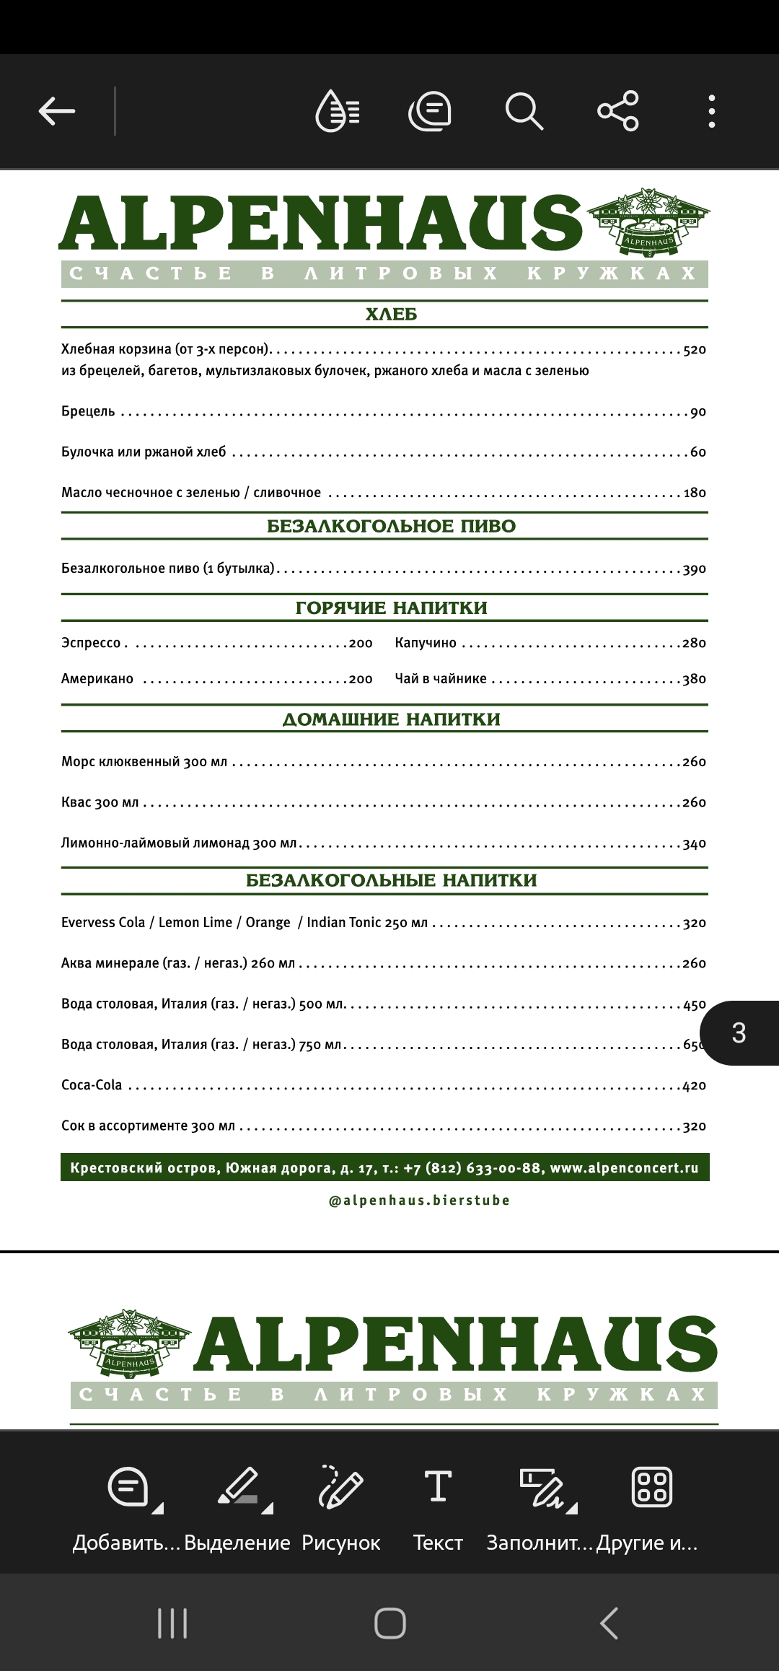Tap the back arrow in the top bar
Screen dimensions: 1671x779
point(57,111)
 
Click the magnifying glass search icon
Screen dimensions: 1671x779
point(524,111)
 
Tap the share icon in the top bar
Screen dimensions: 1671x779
point(618,111)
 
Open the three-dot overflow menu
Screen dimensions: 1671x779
point(712,111)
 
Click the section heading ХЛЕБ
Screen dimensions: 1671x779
point(391,315)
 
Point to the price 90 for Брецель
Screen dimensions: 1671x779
point(697,412)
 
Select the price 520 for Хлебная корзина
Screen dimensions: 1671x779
point(694,350)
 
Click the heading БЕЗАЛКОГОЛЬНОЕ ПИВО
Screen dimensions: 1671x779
point(391,526)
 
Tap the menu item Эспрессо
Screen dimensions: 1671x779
point(91,643)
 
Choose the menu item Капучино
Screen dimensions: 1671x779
point(426,643)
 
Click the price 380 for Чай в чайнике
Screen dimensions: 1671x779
point(694,679)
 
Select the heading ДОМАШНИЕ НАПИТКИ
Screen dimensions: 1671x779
point(391,719)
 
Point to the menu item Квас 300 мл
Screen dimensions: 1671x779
point(100,802)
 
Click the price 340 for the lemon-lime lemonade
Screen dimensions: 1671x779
point(694,843)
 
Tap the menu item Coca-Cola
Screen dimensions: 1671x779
point(92,1085)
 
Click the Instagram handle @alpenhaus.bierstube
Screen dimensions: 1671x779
point(419,1201)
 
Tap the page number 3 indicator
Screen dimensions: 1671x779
point(739,1033)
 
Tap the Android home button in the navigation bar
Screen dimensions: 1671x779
point(389,1623)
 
